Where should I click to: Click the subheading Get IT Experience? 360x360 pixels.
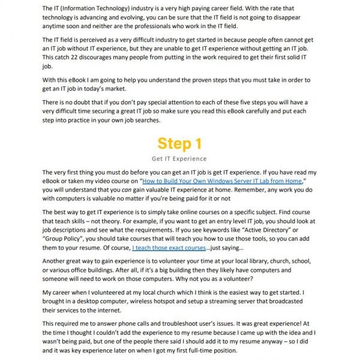coord(179,159)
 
